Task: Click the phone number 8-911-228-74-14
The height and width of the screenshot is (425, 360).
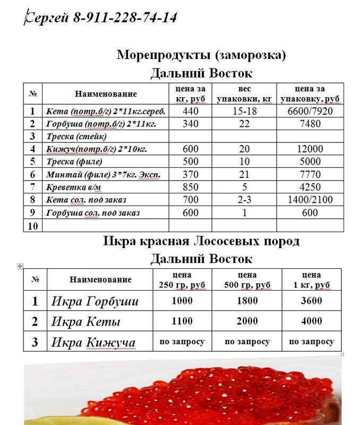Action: pos(125,18)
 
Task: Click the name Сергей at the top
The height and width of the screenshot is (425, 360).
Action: pos(47,18)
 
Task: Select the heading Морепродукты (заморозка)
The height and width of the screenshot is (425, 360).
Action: pos(201,55)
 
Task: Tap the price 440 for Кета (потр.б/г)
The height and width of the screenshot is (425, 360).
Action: pos(190,111)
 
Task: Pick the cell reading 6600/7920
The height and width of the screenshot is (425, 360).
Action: pos(310,111)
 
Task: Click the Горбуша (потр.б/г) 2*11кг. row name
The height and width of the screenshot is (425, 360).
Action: pos(100,124)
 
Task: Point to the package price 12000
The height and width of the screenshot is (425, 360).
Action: pos(310,149)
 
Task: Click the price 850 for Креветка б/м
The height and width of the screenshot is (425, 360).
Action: pos(190,187)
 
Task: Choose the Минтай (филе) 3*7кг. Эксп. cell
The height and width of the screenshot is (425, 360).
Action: pos(103,175)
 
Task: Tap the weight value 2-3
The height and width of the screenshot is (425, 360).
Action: pos(244,200)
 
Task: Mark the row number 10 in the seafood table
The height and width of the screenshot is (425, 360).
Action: pos(32,226)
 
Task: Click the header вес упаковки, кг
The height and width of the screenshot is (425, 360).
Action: pos(244,94)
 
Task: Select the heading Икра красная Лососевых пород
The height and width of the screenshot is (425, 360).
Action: pos(201,241)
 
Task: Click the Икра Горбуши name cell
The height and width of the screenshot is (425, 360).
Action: pos(95,301)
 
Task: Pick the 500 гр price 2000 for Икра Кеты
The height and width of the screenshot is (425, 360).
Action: pos(247,321)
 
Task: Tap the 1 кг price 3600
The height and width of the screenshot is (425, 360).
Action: pos(311,301)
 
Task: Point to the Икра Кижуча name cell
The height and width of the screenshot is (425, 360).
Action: pos(93,342)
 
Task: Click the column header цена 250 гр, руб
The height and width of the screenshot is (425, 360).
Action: pos(182,280)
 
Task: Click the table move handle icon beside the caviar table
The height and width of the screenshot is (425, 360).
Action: pos(20,266)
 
